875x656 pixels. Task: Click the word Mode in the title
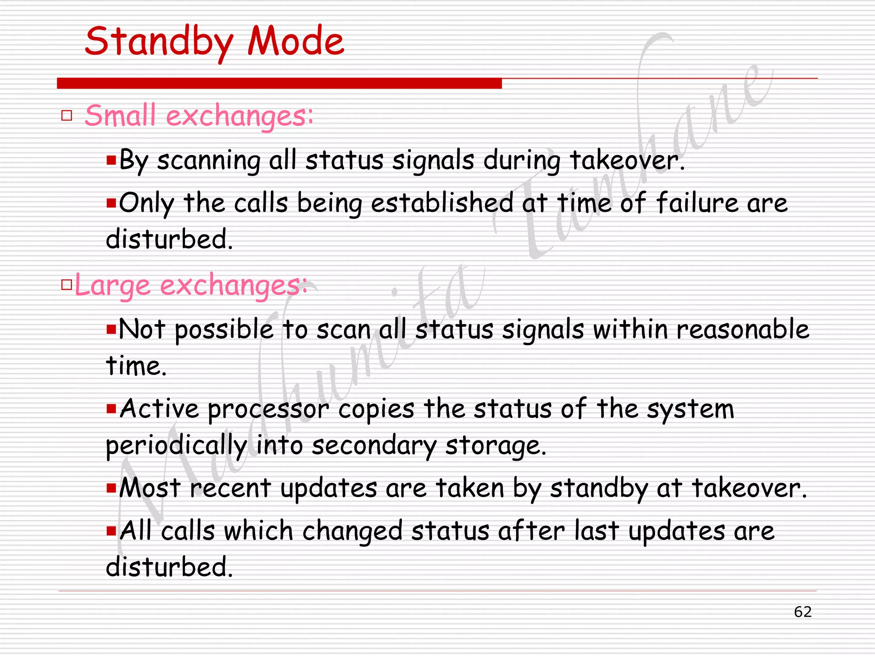point(296,42)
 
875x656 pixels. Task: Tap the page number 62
point(802,612)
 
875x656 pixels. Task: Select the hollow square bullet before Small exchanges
point(67,115)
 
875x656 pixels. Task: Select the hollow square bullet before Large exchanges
point(67,284)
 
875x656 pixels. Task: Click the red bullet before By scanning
point(111,161)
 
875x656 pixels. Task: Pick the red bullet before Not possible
point(111,329)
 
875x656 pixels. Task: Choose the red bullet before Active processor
point(111,409)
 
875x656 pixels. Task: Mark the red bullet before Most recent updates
point(111,487)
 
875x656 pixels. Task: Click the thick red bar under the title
point(279,83)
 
